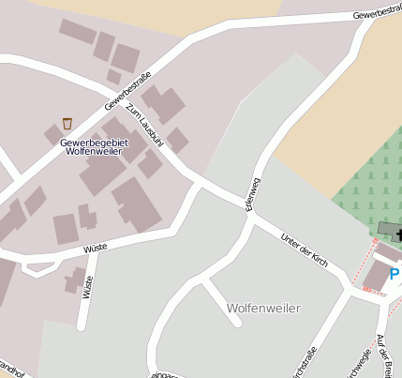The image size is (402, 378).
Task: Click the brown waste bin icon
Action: (x=67, y=123)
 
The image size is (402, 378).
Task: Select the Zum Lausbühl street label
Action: (x=144, y=128)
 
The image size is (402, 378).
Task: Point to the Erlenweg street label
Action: (x=252, y=192)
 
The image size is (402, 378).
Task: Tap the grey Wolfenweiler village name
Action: (x=264, y=308)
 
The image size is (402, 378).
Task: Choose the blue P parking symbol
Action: (x=395, y=274)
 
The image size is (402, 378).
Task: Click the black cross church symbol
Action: (x=398, y=234)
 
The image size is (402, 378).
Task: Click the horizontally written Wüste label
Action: (x=96, y=248)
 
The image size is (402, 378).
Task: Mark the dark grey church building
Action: (x=386, y=229)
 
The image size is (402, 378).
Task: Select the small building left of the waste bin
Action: (x=52, y=135)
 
